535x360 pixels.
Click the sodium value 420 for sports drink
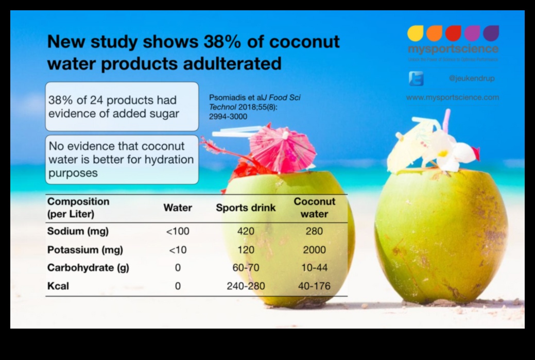[x=246, y=231]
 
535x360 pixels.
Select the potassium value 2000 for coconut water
[x=314, y=250]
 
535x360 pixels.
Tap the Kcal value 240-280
[x=246, y=286]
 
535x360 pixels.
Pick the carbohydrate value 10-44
[x=314, y=268]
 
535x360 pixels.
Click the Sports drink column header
[x=246, y=208]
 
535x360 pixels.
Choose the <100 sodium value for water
[x=178, y=231]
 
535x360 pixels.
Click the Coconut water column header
[x=314, y=208]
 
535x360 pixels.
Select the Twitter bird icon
[x=416, y=78]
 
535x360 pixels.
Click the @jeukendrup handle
[x=471, y=79]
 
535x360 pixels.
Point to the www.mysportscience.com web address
[x=452, y=97]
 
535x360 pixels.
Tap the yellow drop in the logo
[x=416, y=33]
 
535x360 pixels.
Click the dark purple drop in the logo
[x=491, y=33]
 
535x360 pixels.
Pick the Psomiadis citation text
[x=254, y=107]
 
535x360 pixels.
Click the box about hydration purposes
[x=122, y=160]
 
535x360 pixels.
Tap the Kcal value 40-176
[x=314, y=286]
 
